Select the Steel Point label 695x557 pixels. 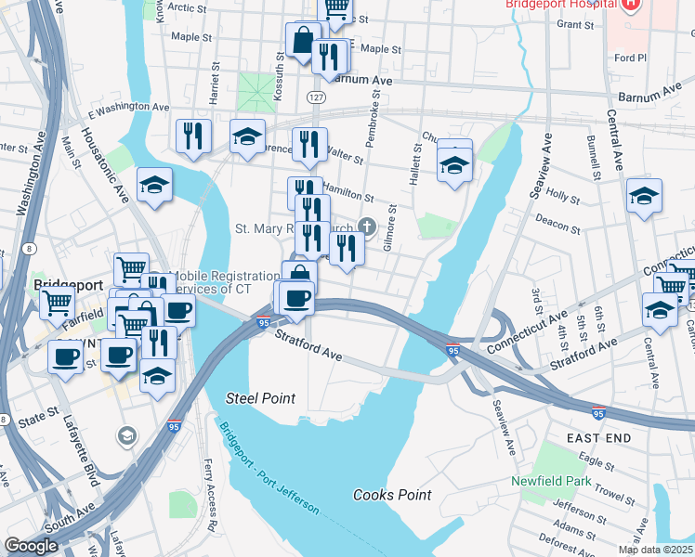[x=261, y=398]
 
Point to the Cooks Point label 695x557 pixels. [x=392, y=495]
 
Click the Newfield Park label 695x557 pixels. [x=550, y=481]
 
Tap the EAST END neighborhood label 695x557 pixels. [x=599, y=437]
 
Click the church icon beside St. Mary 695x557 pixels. [x=368, y=226]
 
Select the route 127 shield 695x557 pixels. [x=316, y=96]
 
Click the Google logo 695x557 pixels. [x=32, y=545]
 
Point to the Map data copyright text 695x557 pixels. [x=655, y=550]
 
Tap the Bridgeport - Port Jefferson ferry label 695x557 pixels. [x=269, y=468]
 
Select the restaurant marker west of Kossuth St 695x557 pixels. [x=193, y=136]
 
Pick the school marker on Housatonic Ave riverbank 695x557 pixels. [x=154, y=184]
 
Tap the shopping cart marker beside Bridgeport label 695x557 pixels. [x=58, y=302]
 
